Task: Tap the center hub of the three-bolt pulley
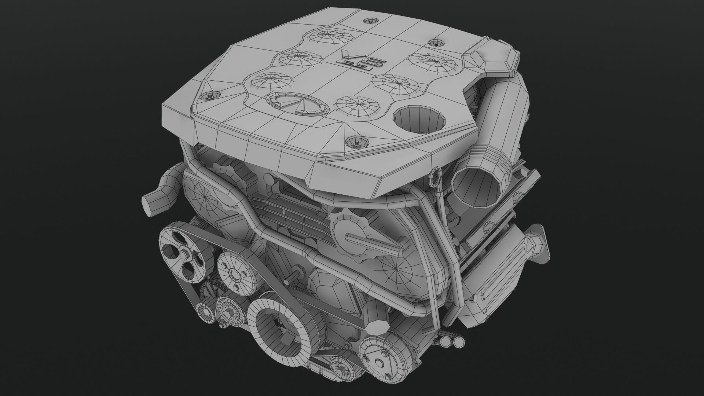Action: (233, 274)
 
